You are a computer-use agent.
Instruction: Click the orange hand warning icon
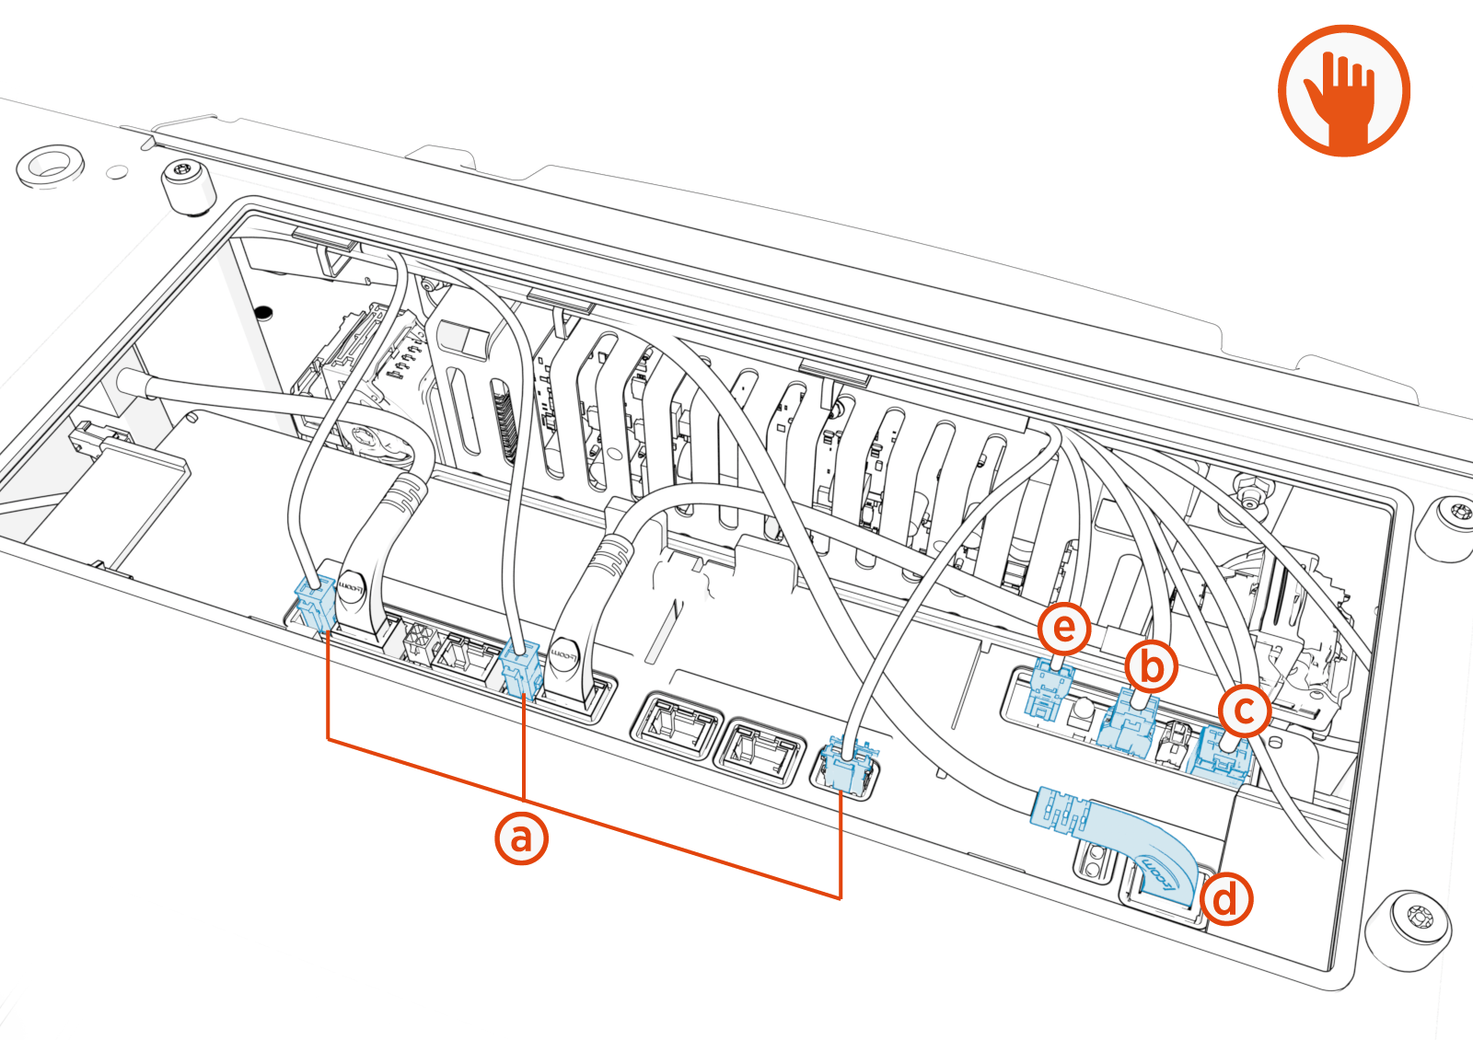click(1343, 90)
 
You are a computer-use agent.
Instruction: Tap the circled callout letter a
click(521, 838)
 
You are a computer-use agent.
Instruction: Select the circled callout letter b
click(1151, 666)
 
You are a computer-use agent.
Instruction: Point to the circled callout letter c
click(1244, 711)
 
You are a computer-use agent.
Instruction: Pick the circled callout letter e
click(1064, 629)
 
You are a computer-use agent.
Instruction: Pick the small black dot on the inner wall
click(263, 312)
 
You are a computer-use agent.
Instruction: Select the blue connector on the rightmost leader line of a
click(846, 765)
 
